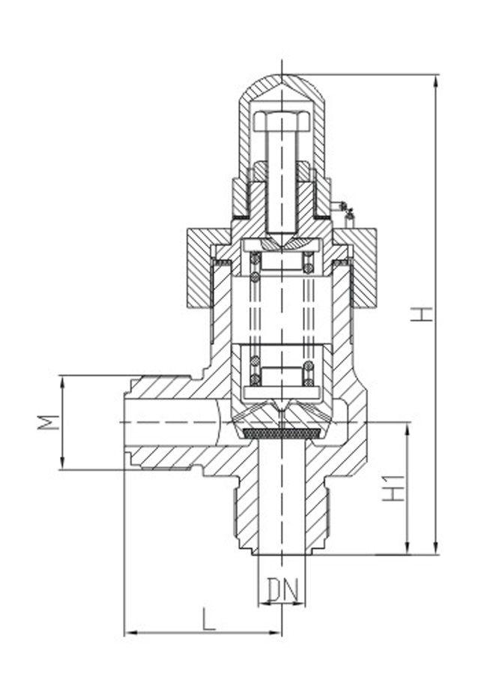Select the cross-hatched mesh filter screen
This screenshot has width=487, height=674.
click(282, 433)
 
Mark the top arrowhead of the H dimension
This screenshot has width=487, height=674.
click(435, 80)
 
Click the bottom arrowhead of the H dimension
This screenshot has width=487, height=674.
click(435, 549)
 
